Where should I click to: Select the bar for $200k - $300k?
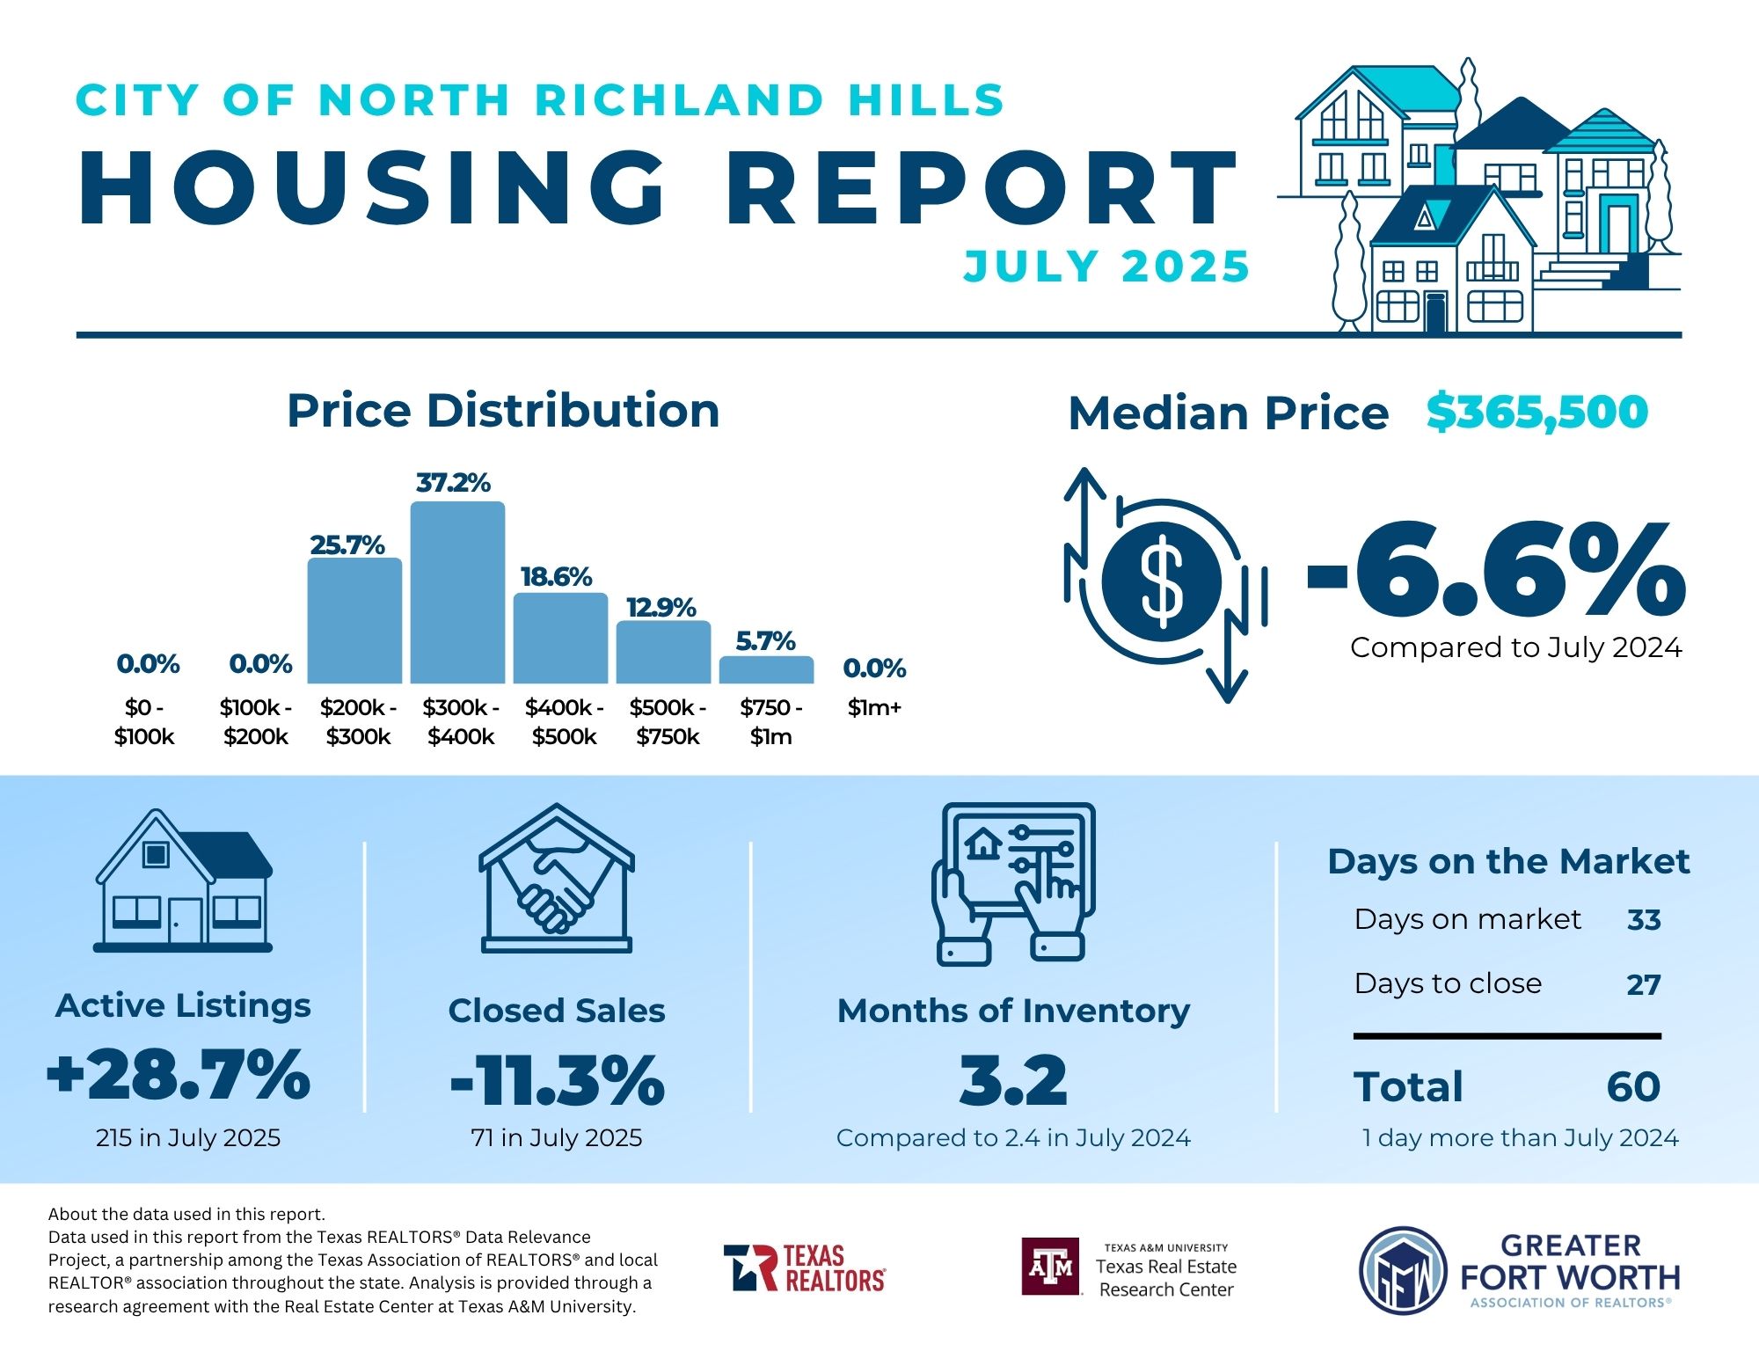tap(354, 620)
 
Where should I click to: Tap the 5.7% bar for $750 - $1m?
tap(766, 669)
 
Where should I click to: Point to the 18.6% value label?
tap(556, 577)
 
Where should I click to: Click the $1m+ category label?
tap(874, 707)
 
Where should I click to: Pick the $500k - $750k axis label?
tap(668, 722)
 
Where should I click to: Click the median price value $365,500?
tap(1536, 412)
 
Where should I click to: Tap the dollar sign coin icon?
tap(1162, 581)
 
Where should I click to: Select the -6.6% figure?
tap(1495, 570)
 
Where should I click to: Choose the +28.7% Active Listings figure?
tap(179, 1074)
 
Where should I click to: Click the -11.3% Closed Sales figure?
tap(557, 1080)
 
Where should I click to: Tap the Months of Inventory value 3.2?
tap(1013, 1080)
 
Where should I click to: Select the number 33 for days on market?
tap(1643, 920)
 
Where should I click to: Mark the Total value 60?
tap(1633, 1087)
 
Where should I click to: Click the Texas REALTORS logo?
tap(804, 1268)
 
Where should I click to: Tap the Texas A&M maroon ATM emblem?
tap(1050, 1267)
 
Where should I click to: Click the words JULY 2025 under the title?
tap(1106, 267)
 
